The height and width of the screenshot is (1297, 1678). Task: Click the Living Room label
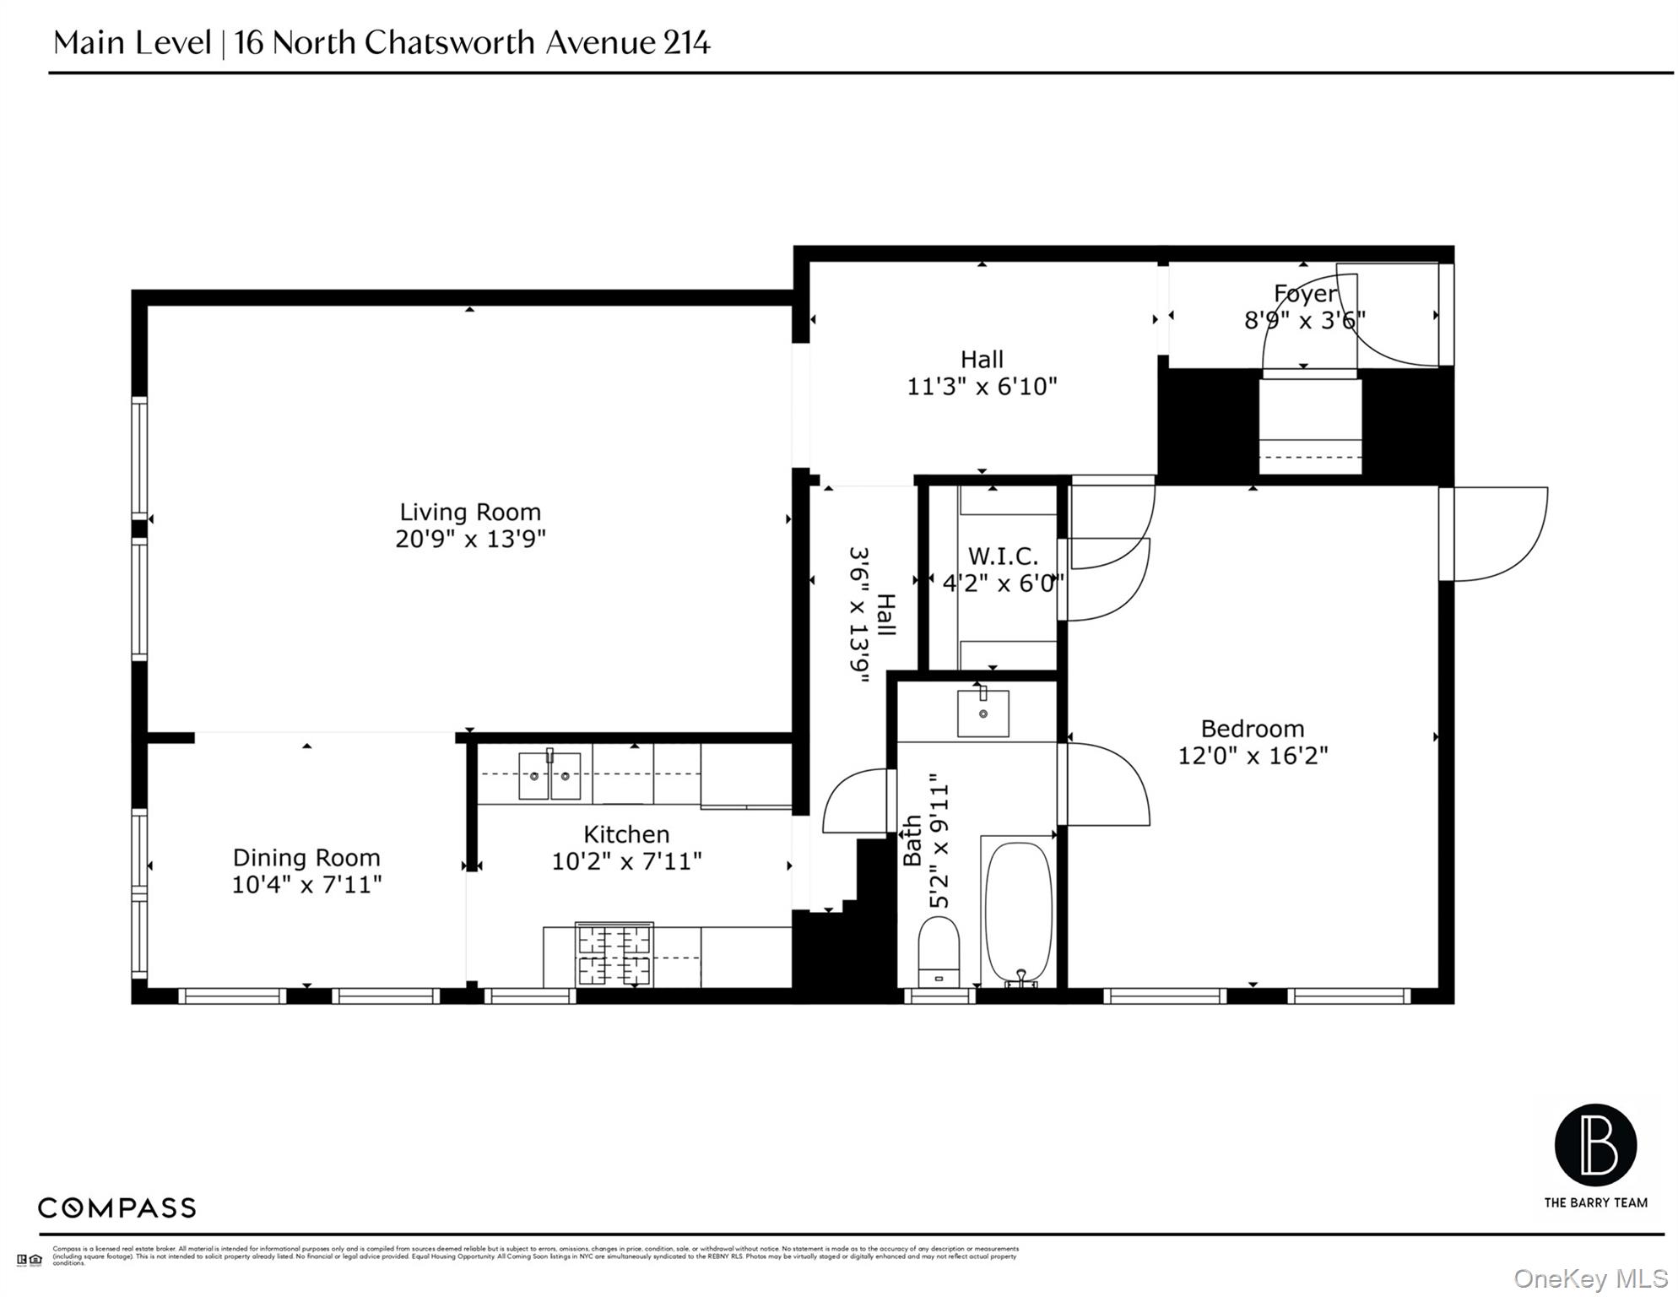[469, 513]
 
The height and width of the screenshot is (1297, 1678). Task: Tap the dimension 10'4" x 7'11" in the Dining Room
[306, 885]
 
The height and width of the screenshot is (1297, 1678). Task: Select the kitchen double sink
[549, 775]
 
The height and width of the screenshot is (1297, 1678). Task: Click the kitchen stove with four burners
[614, 955]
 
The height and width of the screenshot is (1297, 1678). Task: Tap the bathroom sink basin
[982, 714]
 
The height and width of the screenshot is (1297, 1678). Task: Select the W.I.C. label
[1002, 556]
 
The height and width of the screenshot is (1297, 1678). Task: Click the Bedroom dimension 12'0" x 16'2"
[1252, 756]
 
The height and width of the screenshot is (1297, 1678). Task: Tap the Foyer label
[1305, 294]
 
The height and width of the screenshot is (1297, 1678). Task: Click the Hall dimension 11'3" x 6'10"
[981, 387]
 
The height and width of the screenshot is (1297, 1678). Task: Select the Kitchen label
[626, 834]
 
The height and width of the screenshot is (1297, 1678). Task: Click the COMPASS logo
[116, 1208]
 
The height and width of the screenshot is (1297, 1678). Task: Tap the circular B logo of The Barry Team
[1595, 1146]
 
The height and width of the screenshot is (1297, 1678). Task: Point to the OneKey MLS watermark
[1589, 1278]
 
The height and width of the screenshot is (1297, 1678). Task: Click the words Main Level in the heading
[132, 42]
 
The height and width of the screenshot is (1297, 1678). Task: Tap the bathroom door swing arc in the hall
[854, 800]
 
